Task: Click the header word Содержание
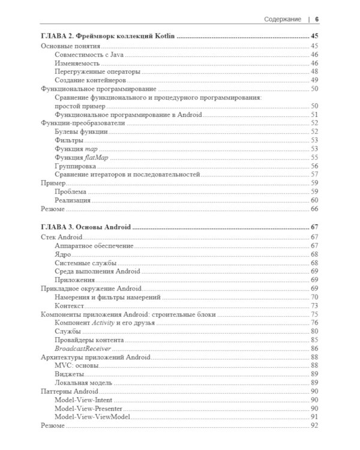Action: pos(282,20)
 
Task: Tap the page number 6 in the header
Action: pos(317,20)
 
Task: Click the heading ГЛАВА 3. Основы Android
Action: pos(85,227)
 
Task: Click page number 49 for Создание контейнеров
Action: pos(314,80)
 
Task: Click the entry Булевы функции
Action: pos(81,131)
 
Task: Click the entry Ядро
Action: pos(62,254)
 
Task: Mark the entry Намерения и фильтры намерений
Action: pos(107,297)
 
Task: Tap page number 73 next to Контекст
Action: pos(314,305)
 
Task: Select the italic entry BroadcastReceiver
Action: pos(82,348)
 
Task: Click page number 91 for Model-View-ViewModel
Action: pos(314,416)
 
